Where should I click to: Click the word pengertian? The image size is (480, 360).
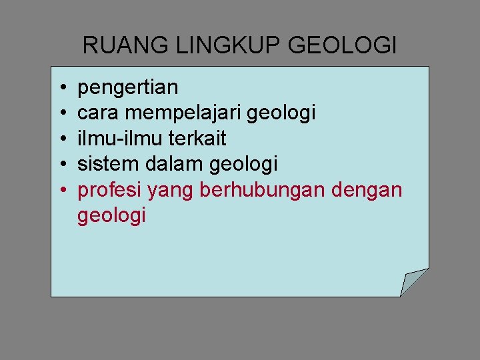(128, 87)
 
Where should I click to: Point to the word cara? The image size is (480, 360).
(97, 113)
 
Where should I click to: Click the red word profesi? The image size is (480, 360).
(110, 190)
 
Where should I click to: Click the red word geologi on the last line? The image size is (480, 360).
(111, 217)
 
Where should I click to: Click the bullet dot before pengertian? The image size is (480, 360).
(61, 88)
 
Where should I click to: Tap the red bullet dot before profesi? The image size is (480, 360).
(61, 191)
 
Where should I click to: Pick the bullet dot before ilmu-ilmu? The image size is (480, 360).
(61, 139)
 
